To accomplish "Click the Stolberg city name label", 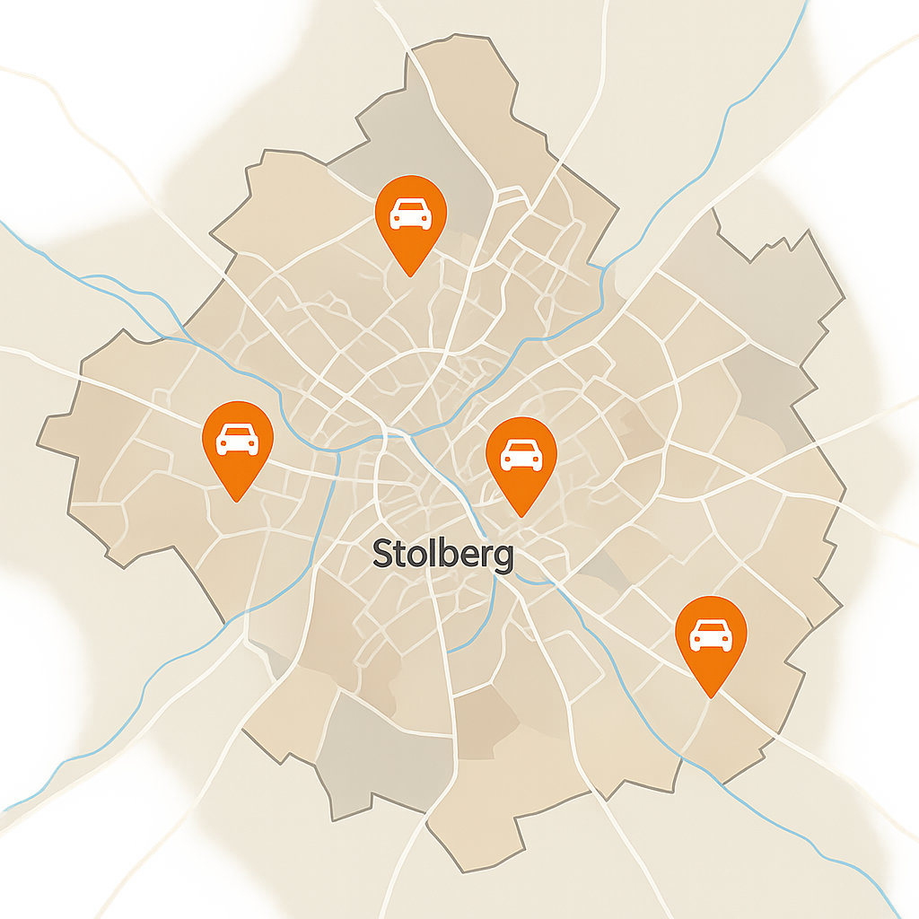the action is click(x=442, y=554).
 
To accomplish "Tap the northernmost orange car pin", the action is click(x=410, y=215).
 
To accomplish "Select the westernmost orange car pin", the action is click(x=238, y=441).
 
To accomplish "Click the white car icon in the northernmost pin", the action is click(x=410, y=214).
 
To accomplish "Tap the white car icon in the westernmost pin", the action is click(x=238, y=439).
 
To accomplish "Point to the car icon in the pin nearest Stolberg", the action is click(x=521, y=455).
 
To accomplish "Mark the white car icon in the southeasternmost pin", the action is click(x=710, y=635).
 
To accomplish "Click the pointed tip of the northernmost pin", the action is click(x=410, y=275).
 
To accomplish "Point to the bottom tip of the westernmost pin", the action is click(x=238, y=501).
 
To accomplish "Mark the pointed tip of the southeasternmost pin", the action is click(x=710, y=696).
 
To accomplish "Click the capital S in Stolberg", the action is click(x=382, y=554).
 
